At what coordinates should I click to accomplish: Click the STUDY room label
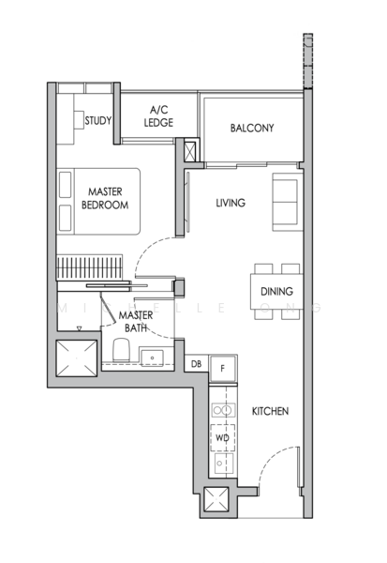(x=98, y=120)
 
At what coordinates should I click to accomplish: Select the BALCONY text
(x=250, y=129)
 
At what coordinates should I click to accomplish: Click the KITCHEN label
(x=269, y=412)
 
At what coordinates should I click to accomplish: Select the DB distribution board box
(x=197, y=365)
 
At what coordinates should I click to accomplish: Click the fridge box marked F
(x=222, y=367)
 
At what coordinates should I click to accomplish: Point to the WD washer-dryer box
(x=223, y=437)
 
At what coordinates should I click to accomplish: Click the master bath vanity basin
(x=154, y=355)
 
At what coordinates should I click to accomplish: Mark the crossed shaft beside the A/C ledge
(x=191, y=151)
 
